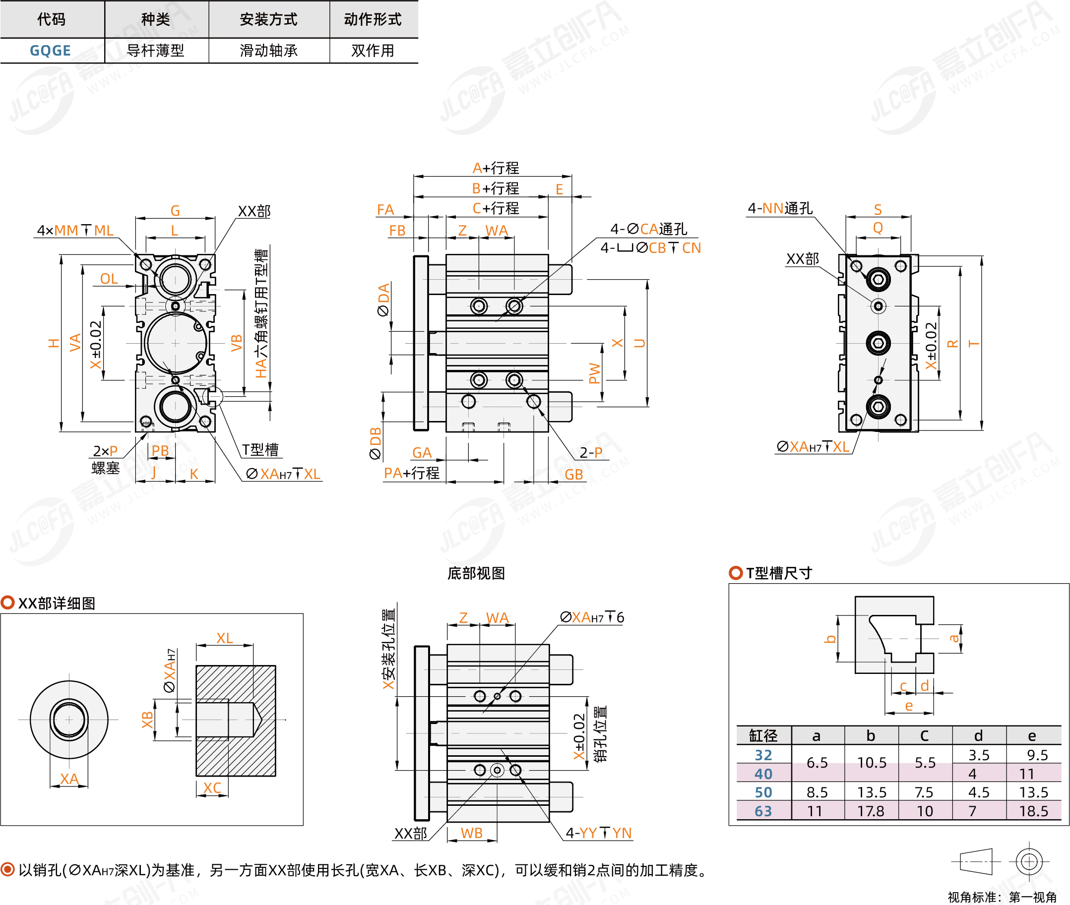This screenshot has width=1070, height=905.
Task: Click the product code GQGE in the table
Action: pyautogui.click(x=50, y=51)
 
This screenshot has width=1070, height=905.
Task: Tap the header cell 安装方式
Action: pyautogui.click(x=268, y=19)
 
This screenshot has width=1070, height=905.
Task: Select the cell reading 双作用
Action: pyautogui.click(x=373, y=51)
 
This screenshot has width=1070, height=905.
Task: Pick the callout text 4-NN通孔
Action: pyautogui.click(x=780, y=208)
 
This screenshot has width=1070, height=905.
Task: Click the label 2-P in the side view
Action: pyautogui.click(x=591, y=452)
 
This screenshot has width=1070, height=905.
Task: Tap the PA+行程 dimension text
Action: pyautogui.click(x=412, y=473)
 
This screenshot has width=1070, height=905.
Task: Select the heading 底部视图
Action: pyautogui.click(x=476, y=573)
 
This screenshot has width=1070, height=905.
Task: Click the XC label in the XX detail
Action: pyautogui.click(x=212, y=787)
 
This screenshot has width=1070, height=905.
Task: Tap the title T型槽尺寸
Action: pyautogui.click(x=778, y=573)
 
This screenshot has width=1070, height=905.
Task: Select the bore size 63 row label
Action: pyautogui.click(x=763, y=811)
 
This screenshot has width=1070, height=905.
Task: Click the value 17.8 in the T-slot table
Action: pyautogui.click(x=871, y=811)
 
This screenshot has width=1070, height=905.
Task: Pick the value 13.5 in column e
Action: pyautogui.click(x=1034, y=792)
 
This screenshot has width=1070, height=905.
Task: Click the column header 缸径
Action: pyautogui.click(x=763, y=736)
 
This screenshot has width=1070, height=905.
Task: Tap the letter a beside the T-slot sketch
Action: pyautogui.click(x=954, y=638)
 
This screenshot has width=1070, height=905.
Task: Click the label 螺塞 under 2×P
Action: pyautogui.click(x=106, y=468)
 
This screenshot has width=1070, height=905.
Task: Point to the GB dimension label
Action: pyautogui.click(x=574, y=475)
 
